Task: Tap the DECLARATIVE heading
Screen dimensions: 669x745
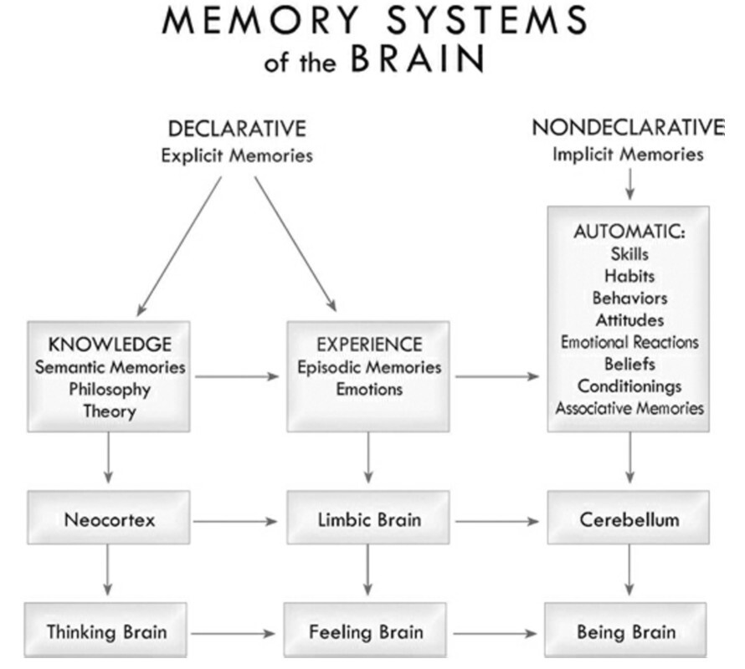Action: (x=237, y=129)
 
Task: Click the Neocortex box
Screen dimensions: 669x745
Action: (x=110, y=519)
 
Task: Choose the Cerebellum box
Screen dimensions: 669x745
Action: (x=628, y=519)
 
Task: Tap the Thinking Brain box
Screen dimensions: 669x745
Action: (x=106, y=631)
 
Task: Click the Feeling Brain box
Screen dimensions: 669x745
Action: (x=367, y=631)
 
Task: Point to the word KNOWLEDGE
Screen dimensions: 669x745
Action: (x=110, y=345)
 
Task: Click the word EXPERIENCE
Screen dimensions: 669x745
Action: (x=368, y=345)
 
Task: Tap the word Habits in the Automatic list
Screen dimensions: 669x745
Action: (x=629, y=276)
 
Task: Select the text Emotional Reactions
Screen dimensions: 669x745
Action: (x=629, y=342)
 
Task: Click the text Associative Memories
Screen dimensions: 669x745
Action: (x=629, y=408)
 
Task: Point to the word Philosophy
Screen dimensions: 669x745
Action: (x=110, y=389)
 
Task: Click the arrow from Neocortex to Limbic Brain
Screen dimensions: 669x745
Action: (x=237, y=521)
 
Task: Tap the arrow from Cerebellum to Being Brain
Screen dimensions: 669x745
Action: (x=629, y=573)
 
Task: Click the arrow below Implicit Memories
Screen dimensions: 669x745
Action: (x=629, y=182)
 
